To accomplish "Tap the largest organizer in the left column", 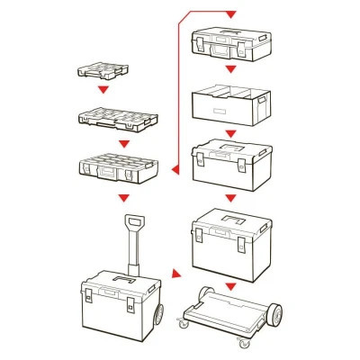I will click(121, 166).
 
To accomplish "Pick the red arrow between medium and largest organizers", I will click(120, 139).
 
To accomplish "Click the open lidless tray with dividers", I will click(230, 103).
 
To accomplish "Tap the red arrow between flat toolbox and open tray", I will click(231, 69).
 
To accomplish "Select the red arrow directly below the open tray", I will click(231, 130).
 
